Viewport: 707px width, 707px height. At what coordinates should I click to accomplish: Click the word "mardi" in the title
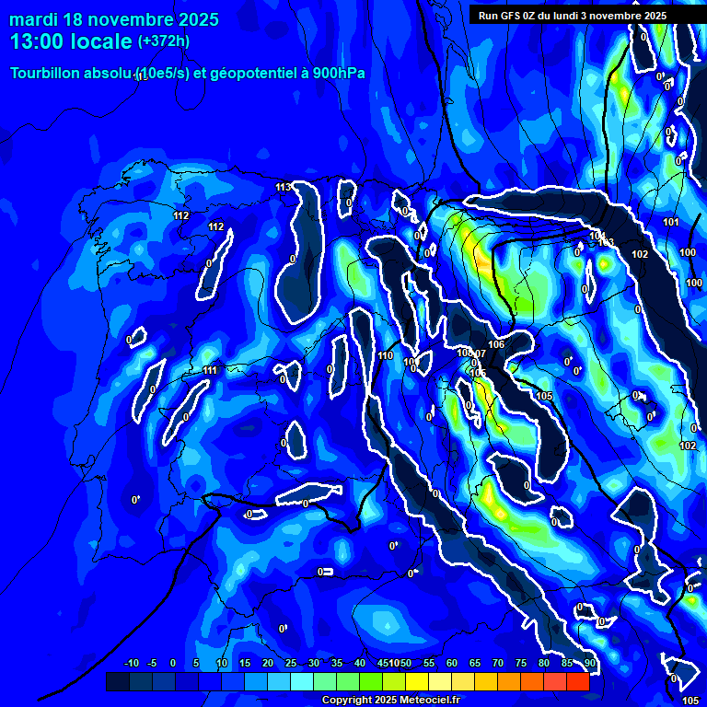pos(35,19)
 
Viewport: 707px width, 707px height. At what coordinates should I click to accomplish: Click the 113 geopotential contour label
pos(284,187)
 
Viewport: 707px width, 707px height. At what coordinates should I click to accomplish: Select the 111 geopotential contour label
pos(211,370)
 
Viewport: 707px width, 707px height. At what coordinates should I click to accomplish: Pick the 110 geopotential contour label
pos(386,355)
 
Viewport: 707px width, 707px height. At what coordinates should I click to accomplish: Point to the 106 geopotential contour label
pos(497,344)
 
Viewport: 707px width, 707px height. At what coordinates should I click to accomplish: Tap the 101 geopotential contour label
pos(670,222)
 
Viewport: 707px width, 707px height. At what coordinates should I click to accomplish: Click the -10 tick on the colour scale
pos(131,664)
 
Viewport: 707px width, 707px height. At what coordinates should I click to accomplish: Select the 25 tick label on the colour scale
pos(291,664)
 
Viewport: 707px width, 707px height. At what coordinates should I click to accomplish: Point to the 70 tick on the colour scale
pos(498,664)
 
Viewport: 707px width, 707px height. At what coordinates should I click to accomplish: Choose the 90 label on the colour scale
pos(589,664)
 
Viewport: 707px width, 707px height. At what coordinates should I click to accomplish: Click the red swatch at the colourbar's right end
pos(577,681)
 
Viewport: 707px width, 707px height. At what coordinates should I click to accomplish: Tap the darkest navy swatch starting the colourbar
pos(117,681)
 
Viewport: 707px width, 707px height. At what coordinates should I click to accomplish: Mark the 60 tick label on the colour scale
pos(452,664)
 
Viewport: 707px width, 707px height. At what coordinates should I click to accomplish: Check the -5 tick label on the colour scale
pos(153,664)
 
